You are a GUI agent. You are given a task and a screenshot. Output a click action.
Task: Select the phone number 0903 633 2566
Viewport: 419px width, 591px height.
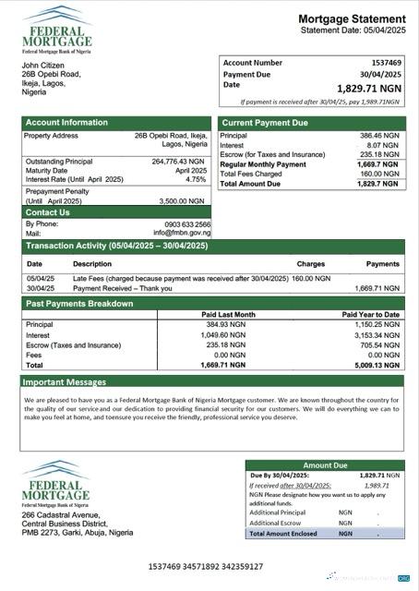coord(181,223)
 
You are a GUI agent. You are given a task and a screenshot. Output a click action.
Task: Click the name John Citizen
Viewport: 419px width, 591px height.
coord(43,66)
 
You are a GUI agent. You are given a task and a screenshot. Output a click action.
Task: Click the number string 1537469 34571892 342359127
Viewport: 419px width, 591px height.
coord(205,566)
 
